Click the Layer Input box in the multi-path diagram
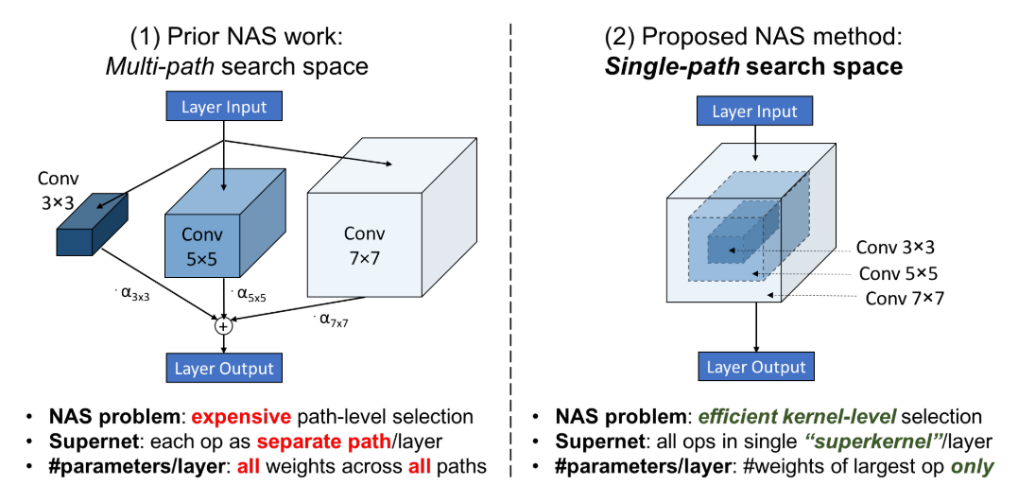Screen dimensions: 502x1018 (224, 107)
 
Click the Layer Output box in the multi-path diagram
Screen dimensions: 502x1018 (224, 369)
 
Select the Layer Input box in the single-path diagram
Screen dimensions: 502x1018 (754, 112)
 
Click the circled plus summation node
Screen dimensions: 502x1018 (224, 326)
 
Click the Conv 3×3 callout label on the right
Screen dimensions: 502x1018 (896, 248)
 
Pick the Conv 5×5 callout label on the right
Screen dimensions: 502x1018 (898, 273)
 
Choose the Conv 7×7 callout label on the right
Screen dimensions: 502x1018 (905, 298)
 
